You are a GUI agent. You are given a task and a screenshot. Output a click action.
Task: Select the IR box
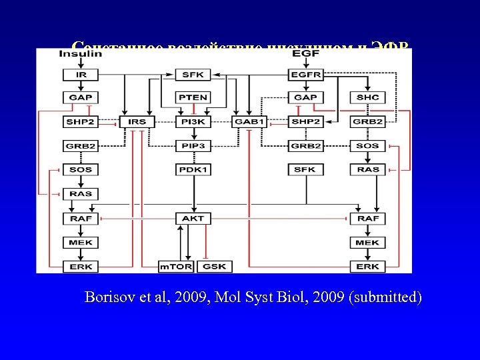[x=81, y=75]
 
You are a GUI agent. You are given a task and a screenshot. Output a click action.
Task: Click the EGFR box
[x=305, y=75]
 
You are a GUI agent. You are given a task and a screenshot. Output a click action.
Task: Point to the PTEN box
[x=193, y=97]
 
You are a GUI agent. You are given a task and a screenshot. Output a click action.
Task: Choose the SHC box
[x=367, y=97]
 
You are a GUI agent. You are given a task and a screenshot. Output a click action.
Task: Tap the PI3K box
[x=193, y=122]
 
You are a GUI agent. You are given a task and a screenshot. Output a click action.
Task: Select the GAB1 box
[x=249, y=122]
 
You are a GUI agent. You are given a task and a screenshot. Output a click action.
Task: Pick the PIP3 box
[x=193, y=146]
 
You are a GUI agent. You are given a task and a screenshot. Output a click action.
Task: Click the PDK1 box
[x=193, y=170]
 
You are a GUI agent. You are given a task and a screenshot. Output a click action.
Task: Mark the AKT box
[x=193, y=219]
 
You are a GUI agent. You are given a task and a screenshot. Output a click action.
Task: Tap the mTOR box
[x=175, y=267]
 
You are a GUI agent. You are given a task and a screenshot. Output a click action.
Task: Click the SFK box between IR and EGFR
[x=193, y=75]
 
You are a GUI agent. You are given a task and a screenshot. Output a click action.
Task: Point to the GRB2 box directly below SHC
[x=367, y=122]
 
